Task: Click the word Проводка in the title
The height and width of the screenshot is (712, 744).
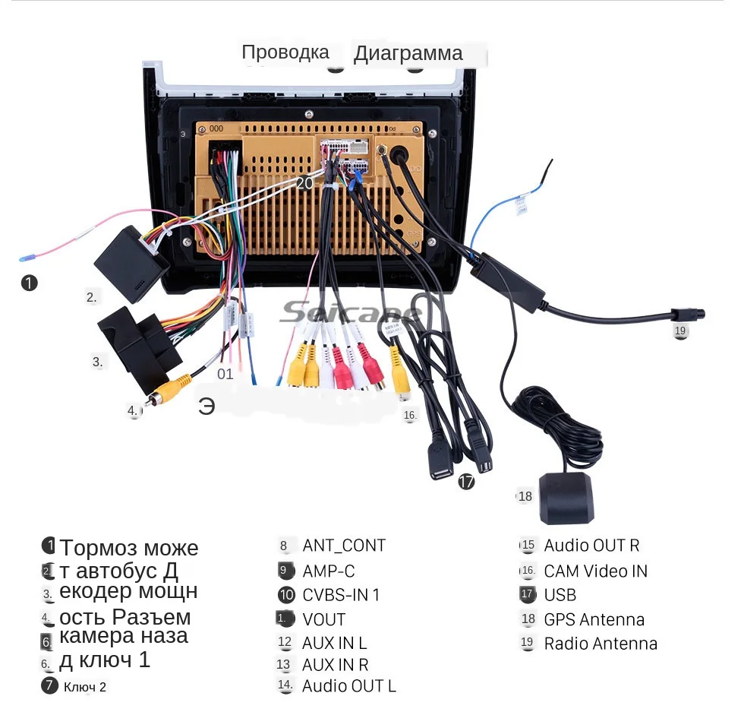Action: (x=285, y=52)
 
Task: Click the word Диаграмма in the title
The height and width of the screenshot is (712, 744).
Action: (x=408, y=54)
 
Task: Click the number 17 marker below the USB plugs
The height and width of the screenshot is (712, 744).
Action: (x=466, y=481)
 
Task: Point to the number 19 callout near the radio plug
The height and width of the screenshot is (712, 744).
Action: (x=679, y=331)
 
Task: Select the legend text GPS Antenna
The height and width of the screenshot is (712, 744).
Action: (x=594, y=619)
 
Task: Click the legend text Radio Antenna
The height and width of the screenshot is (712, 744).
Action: (x=600, y=644)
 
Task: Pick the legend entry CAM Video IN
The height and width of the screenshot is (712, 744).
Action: (x=595, y=571)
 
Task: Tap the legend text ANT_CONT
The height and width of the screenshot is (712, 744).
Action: (x=343, y=546)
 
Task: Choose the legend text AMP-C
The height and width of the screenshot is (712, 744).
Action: (x=328, y=571)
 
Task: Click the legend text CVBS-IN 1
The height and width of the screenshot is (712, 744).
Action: (x=340, y=595)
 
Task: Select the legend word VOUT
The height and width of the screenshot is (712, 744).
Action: (x=323, y=619)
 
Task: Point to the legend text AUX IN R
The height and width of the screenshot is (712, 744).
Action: (x=335, y=665)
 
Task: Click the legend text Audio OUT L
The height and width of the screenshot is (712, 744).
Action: (x=348, y=686)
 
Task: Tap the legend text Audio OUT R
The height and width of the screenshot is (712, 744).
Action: (x=591, y=546)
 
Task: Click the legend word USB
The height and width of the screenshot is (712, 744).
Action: (x=560, y=595)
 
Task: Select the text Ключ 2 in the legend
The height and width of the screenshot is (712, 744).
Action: (x=84, y=687)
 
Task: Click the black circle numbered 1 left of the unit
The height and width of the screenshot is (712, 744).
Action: (x=29, y=283)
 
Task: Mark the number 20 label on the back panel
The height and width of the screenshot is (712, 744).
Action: (x=304, y=183)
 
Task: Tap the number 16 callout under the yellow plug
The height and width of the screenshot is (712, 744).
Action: (x=410, y=415)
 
